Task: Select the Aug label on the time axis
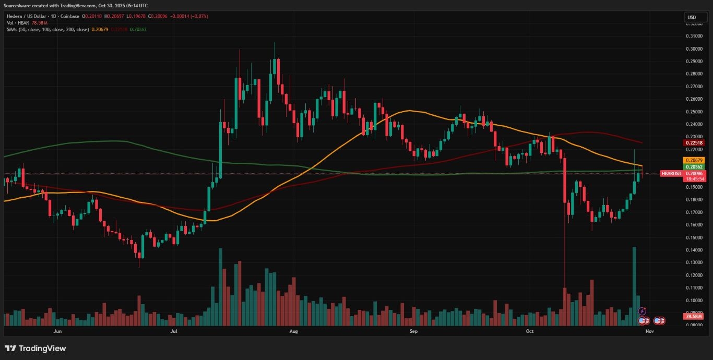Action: pos(293,331)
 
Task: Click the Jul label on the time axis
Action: pos(173,331)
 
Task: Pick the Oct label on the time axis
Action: pos(529,331)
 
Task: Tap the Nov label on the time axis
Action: pos(649,331)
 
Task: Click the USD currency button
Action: pos(692,17)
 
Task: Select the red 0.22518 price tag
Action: pos(694,143)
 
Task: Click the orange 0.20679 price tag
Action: pos(694,160)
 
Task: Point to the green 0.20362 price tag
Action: pos(694,167)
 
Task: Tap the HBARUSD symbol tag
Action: pos(671,173)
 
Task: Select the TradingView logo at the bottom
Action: pos(35,349)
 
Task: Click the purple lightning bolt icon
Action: pos(643,311)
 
